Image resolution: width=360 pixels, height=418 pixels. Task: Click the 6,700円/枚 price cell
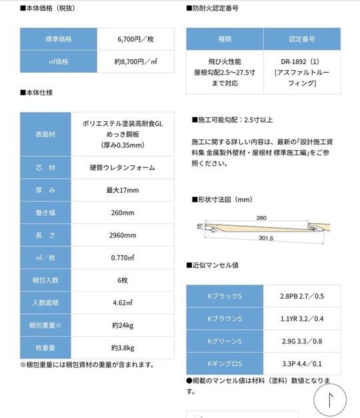click(135, 39)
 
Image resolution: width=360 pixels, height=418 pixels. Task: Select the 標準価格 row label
click(59, 39)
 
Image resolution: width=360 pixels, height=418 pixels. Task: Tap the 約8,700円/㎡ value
click(135, 61)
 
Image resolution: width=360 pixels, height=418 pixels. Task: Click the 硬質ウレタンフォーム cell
click(122, 168)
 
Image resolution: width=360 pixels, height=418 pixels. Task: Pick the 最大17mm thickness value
click(122, 191)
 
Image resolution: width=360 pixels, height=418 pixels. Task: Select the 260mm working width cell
click(122, 213)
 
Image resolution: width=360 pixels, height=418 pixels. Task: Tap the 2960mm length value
click(122, 235)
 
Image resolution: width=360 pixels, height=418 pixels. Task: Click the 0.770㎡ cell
click(122, 257)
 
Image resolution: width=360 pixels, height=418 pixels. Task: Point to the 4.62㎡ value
click(122, 302)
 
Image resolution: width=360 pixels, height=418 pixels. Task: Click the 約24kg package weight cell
click(122, 325)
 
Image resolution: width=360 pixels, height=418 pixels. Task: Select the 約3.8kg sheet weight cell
click(122, 347)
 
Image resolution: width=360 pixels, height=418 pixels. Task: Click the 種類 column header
click(225, 39)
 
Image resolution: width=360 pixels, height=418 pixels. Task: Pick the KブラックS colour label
click(224, 296)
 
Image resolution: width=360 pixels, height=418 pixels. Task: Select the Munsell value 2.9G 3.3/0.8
click(301, 341)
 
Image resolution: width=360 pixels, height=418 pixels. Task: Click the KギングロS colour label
click(224, 364)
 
